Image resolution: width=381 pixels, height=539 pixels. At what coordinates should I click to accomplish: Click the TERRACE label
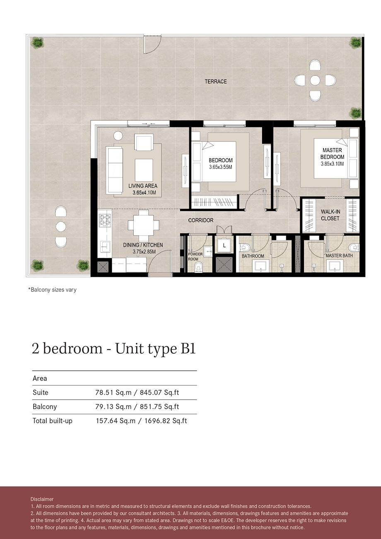(x=215, y=82)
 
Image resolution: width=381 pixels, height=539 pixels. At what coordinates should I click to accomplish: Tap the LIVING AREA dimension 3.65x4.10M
(x=142, y=193)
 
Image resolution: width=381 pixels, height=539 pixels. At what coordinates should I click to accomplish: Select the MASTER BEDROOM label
(x=332, y=154)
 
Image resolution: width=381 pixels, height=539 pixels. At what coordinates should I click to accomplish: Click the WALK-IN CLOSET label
(x=330, y=215)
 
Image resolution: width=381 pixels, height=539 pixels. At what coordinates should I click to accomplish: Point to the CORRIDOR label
(x=201, y=220)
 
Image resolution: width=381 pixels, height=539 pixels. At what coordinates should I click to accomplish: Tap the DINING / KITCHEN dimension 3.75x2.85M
(x=143, y=251)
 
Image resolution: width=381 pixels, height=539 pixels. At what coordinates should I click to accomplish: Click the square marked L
(x=224, y=245)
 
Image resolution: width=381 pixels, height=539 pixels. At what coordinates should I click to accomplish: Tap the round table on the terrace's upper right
(x=315, y=80)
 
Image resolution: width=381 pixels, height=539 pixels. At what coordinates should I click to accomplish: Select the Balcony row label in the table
(x=45, y=407)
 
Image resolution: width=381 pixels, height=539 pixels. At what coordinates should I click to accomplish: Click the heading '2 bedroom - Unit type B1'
(x=113, y=349)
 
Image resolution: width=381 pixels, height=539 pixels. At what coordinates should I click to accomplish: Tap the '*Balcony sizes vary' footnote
(x=52, y=290)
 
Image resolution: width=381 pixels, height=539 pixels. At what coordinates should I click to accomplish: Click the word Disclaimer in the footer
(x=42, y=499)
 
